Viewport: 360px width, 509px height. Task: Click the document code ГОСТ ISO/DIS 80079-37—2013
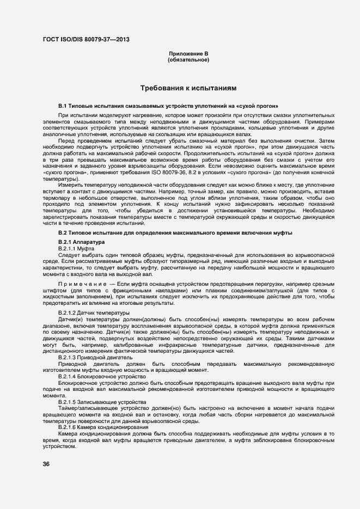tap(86, 39)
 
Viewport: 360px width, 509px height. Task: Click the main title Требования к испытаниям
tap(188, 88)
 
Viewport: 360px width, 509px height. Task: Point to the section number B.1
tap(62, 105)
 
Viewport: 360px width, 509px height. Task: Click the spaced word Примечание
tap(82, 284)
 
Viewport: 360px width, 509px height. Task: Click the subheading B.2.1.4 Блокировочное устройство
tap(98, 377)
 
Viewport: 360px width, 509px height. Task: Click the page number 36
tap(46, 464)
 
